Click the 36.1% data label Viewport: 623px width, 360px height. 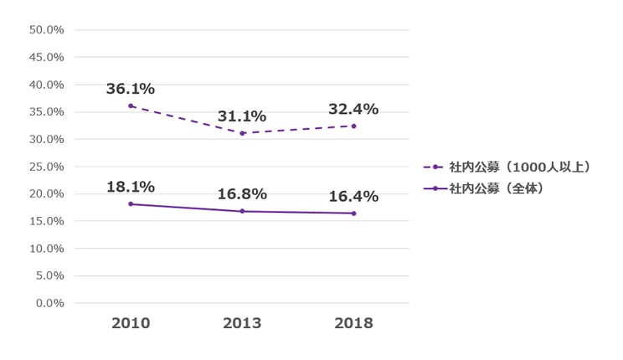tap(131, 89)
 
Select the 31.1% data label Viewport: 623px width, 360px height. tap(242, 116)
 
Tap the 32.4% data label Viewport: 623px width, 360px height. tap(353, 109)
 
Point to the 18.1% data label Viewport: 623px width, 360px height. tap(131, 187)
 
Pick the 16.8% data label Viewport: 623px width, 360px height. tap(242, 194)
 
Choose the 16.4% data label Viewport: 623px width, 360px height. tap(353, 197)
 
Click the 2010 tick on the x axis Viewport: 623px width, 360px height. tap(131, 323)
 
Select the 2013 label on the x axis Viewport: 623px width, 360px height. tap(242, 323)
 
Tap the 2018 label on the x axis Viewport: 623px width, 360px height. tap(353, 323)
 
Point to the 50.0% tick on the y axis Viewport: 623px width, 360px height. tap(47, 30)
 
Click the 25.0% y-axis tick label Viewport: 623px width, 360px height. tap(47, 167)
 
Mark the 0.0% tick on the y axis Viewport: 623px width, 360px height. tap(49, 303)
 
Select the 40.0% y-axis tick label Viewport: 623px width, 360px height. tap(47, 85)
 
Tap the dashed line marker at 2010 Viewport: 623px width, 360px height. tap(131, 106)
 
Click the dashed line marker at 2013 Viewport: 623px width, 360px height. tap(242, 133)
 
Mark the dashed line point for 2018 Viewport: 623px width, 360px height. tap(353, 126)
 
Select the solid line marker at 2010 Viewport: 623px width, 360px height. tap(131, 204)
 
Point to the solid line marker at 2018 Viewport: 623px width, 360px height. tap(353, 213)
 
